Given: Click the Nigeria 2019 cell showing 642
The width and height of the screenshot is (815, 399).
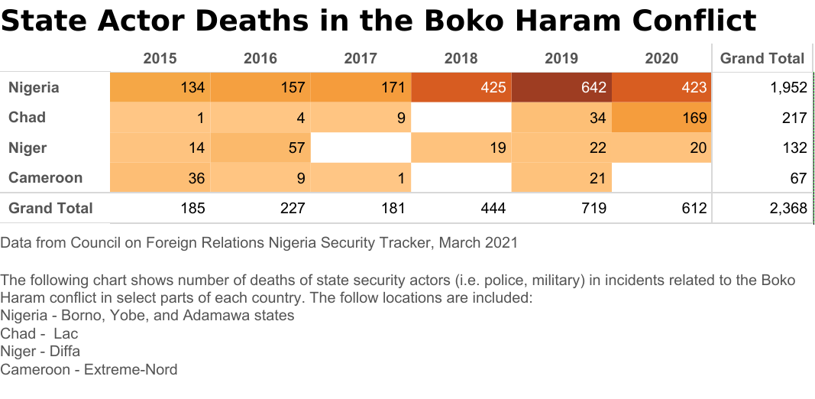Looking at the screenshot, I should point(561,87).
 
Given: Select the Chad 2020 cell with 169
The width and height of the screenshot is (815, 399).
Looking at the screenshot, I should point(661,118).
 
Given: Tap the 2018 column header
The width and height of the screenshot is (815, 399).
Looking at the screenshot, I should point(461,58).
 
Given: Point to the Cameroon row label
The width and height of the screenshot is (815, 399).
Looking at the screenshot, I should point(45,178).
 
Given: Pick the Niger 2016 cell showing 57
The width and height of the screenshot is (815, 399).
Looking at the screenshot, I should point(260,148).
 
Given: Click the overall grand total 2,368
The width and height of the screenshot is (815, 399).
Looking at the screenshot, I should point(789,208).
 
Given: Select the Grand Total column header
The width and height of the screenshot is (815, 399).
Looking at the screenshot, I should point(762,58).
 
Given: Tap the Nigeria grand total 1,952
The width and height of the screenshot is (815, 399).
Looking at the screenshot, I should point(789,87).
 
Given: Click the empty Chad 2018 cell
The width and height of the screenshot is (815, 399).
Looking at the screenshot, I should point(461,118).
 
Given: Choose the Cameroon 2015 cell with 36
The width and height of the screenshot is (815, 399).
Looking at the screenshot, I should point(160,178).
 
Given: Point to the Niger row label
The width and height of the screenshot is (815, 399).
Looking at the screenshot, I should point(27,148).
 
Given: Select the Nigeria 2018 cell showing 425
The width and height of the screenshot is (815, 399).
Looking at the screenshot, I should point(461,87).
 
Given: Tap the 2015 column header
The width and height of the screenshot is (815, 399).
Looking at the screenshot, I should point(160,58).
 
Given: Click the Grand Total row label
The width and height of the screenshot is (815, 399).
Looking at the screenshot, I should point(50,208).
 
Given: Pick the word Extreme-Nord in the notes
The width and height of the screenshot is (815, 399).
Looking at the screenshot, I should point(131,370).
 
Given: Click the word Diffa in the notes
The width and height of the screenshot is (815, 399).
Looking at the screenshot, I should point(63,352).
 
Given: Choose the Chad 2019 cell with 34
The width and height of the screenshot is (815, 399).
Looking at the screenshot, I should point(561,118).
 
